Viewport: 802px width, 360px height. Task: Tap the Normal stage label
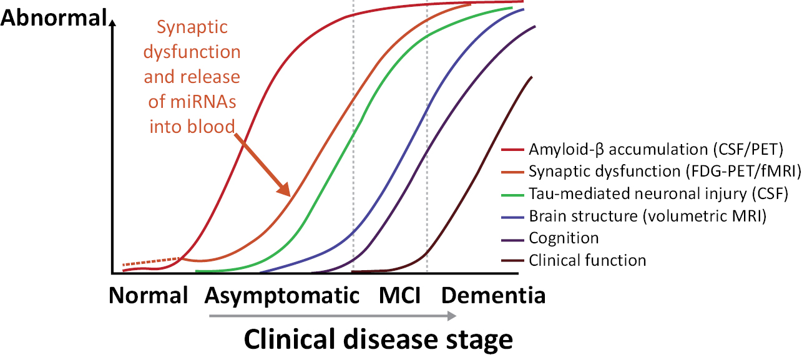point(149,295)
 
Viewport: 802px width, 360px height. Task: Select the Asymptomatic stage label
point(282,295)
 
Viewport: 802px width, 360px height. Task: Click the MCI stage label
point(399,295)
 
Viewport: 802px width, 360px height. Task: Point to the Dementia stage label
point(494,295)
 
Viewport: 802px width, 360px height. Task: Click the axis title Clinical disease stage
point(378,340)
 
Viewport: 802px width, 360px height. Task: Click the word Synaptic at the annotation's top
point(192,28)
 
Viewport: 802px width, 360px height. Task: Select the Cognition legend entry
point(564,238)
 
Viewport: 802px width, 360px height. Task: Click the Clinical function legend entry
point(587,260)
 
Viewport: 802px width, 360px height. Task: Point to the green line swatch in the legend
point(513,194)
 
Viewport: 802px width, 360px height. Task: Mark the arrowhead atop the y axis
point(112,24)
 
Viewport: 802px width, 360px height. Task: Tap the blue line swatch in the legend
point(513,216)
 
